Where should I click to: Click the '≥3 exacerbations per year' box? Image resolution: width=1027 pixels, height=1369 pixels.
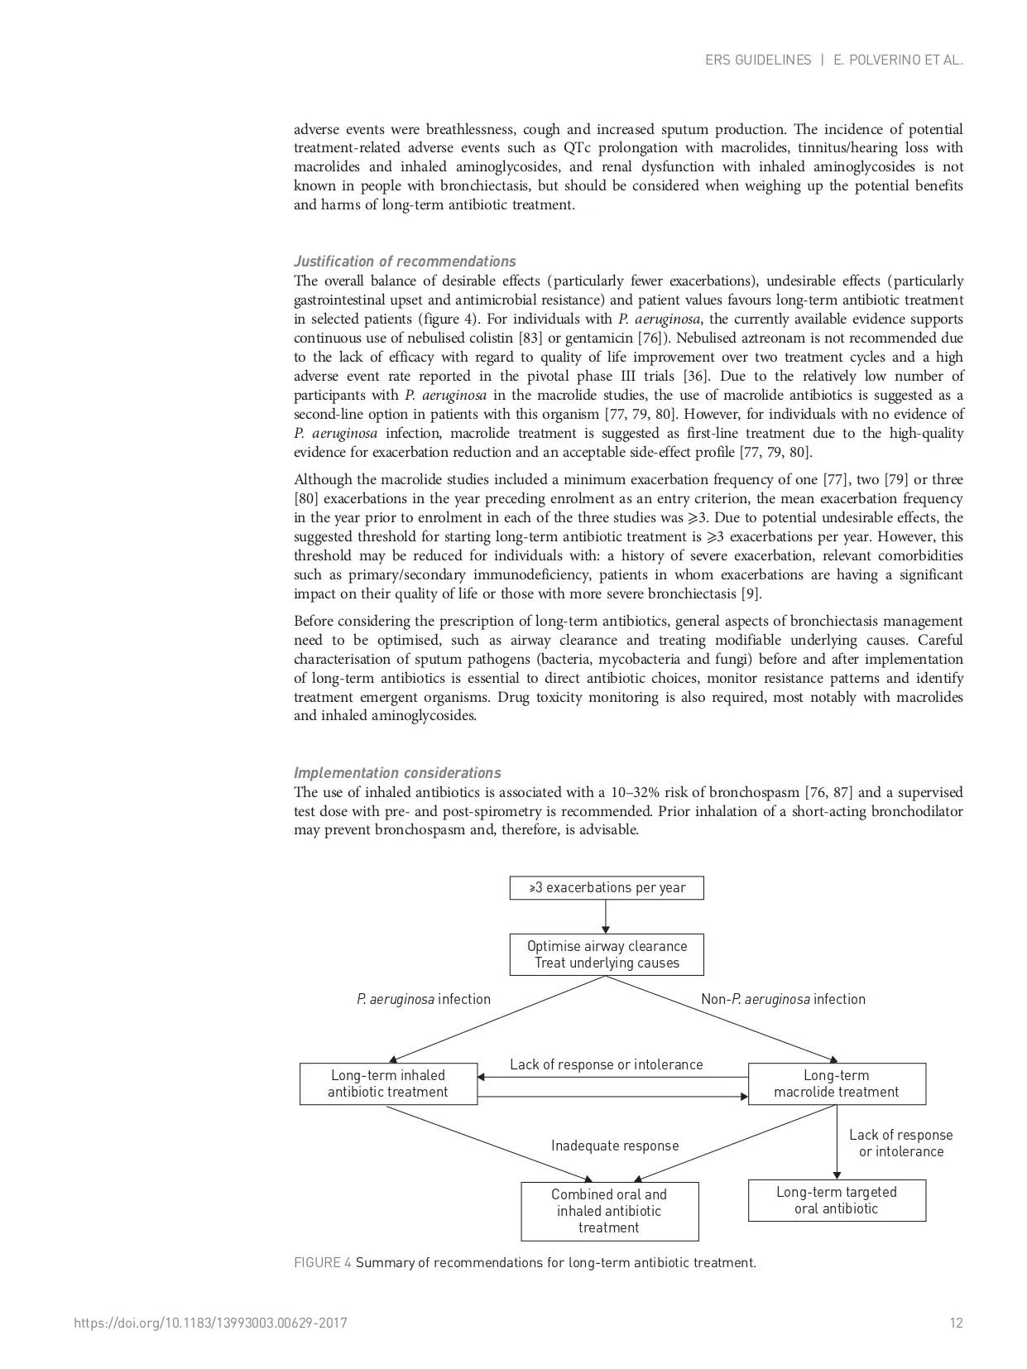point(607,888)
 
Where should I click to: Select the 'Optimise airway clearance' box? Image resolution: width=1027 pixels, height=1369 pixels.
point(607,954)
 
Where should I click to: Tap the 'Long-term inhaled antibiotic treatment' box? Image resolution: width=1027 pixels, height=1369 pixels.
point(388,1083)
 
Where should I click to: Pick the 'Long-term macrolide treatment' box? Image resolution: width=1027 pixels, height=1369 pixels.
point(837,1083)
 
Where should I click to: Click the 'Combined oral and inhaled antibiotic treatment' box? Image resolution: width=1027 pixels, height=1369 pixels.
point(609,1211)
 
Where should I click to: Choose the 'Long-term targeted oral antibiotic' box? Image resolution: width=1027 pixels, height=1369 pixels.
point(837,1200)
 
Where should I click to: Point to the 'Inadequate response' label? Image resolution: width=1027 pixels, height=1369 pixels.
point(615,1146)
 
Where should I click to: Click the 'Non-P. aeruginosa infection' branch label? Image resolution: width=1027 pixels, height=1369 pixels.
point(783,999)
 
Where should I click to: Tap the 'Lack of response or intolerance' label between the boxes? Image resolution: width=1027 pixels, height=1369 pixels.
point(606,1064)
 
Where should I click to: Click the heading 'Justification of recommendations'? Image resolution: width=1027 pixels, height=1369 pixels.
point(405,262)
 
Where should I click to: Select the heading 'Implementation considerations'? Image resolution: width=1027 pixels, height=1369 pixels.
point(397,773)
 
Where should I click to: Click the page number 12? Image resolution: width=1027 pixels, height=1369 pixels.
point(956,1323)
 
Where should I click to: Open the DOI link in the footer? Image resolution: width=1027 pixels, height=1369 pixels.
point(210,1323)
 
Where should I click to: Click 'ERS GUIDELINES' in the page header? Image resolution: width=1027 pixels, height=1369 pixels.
point(758,60)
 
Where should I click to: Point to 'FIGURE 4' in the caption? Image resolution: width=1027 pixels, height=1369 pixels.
point(323,1262)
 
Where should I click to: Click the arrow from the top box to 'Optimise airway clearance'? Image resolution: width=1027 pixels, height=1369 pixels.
point(606,916)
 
